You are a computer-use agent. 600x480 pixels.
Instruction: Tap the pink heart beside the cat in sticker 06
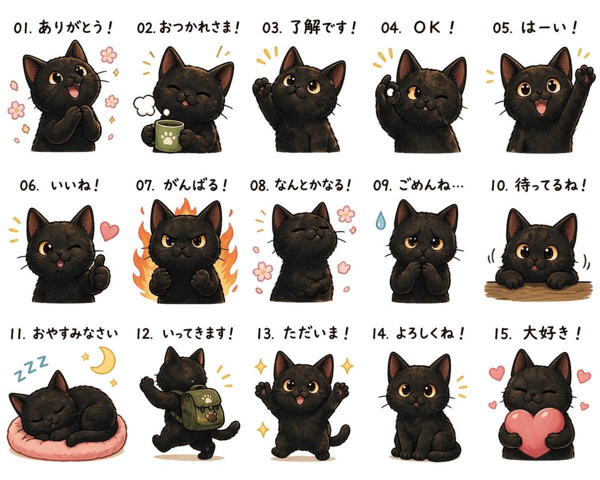click(x=109, y=230)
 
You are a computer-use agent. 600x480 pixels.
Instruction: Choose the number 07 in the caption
click(x=144, y=186)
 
